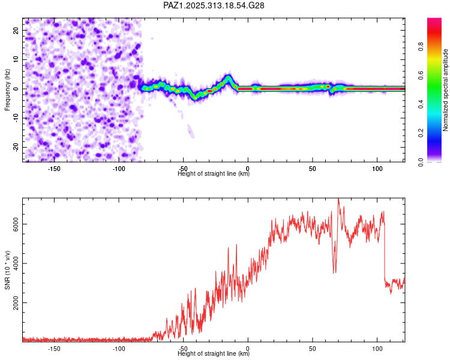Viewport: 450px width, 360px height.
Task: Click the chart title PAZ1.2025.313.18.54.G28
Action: [214, 5]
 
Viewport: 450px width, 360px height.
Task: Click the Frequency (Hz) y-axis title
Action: [7, 89]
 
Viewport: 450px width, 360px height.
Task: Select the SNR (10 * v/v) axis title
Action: [7, 271]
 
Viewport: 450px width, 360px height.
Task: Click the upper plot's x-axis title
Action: [214, 174]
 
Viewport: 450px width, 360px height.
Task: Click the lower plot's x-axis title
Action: [214, 354]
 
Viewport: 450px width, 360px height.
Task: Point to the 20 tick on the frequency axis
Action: [17, 30]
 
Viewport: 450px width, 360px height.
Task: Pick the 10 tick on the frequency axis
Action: [17, 59]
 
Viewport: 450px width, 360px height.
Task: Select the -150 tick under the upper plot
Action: [55, 169]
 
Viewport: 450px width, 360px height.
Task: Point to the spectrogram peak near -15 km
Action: [229, 77]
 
